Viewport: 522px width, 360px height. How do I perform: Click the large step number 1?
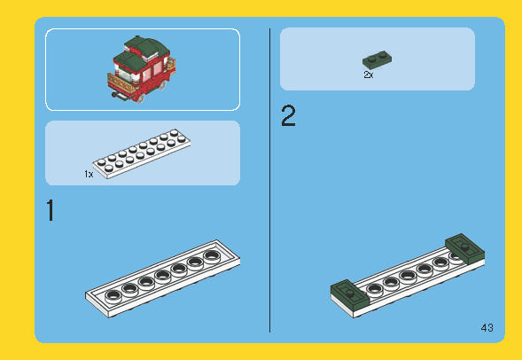(x=51, y=211)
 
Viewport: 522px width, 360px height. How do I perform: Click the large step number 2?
(x=288, y=117)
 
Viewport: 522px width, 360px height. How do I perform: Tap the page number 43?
(x=487, y=328)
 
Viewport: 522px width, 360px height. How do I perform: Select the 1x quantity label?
(x=89, y=175)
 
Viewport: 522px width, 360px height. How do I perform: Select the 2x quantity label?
(x=369, y=75)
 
